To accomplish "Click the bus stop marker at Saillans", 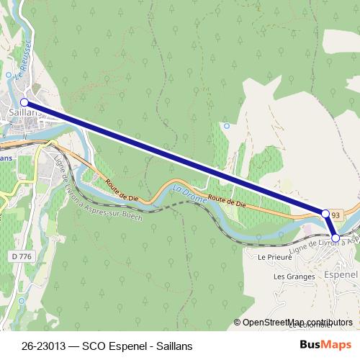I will pyautogui.click(x=24, y=103).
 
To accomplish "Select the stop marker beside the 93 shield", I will pyautogui.click(x=325, y=214).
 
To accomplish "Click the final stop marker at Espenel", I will pyautogui.click(x=336, y=237).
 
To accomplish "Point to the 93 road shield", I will pyautogui.click(x=337, y=215).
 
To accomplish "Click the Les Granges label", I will pyautogui.click(x=294, y=276).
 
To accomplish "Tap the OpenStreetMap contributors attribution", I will pyautogui.click(x=297, y=323).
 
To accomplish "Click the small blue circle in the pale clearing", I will pyautogui.click(x=227, y=126).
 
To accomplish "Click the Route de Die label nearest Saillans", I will pyautogui.click(x=120, y=189).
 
